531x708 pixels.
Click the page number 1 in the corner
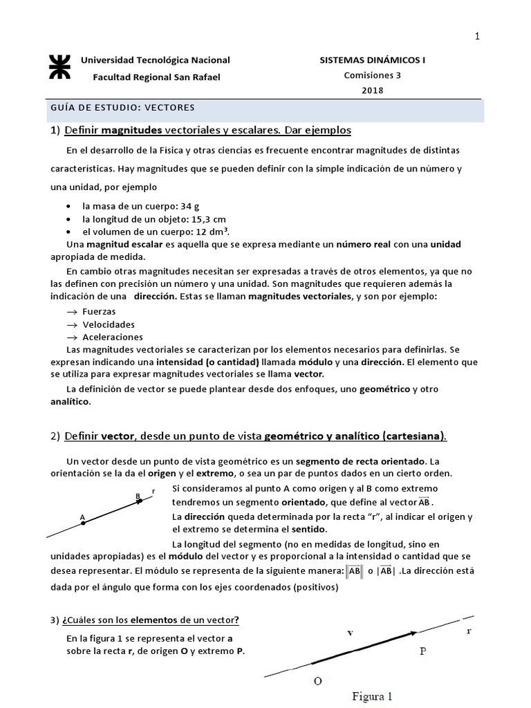[476, 37]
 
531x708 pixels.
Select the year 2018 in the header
[372, 90]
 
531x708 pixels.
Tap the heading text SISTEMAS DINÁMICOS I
[372, 60]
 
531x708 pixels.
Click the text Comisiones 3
[372, 75]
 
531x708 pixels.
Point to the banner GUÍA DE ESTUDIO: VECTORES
[123, 108]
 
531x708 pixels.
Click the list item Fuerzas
[99, 312]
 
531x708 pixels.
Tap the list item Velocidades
[109, 324]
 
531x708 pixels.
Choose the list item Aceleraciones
[113, 337]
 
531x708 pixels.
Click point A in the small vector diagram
[83, 523]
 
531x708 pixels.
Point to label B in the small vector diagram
[138, 496]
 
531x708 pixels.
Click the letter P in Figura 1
[423, 651]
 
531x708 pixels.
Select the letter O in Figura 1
[318, 680]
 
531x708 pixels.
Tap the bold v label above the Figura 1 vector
[350, 632]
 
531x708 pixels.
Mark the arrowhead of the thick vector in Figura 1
[413, 632]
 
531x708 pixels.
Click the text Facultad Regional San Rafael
[156, 77]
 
